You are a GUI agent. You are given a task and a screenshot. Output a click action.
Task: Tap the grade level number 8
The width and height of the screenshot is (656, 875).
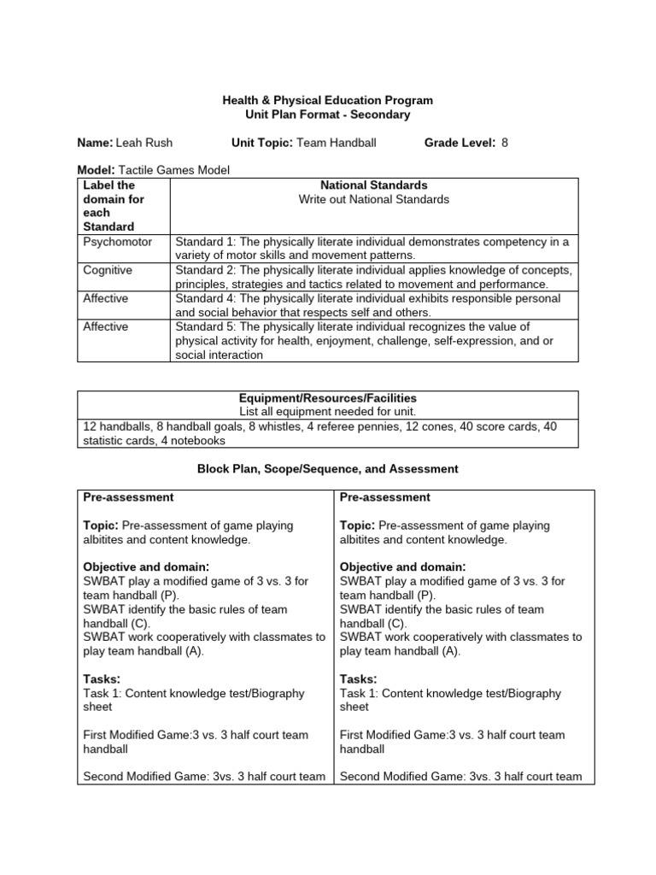(x=505, y=143)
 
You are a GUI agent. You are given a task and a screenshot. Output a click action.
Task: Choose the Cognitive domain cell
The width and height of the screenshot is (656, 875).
(x=107, y=270)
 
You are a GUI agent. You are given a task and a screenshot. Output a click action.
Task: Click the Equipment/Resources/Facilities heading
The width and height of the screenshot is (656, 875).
(x=328, y=398)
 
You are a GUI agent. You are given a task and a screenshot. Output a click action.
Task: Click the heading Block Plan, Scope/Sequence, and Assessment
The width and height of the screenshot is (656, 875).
(x=328, y=469)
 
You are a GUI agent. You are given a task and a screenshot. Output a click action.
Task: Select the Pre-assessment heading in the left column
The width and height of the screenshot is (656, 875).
(x=128, y=497)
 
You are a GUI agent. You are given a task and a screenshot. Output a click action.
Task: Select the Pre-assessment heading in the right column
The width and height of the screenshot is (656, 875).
(x=385, y=497)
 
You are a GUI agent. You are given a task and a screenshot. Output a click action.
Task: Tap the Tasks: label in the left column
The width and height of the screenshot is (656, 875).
(x=101, y=678)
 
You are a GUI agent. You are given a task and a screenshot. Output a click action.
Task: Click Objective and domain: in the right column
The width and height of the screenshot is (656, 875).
(x=403, y=567)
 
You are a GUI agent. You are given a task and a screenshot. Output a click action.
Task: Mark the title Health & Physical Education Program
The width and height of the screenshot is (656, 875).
(x=328, y=101)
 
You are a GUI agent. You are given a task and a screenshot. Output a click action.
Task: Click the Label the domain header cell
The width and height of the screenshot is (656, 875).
(x=109, y=205)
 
